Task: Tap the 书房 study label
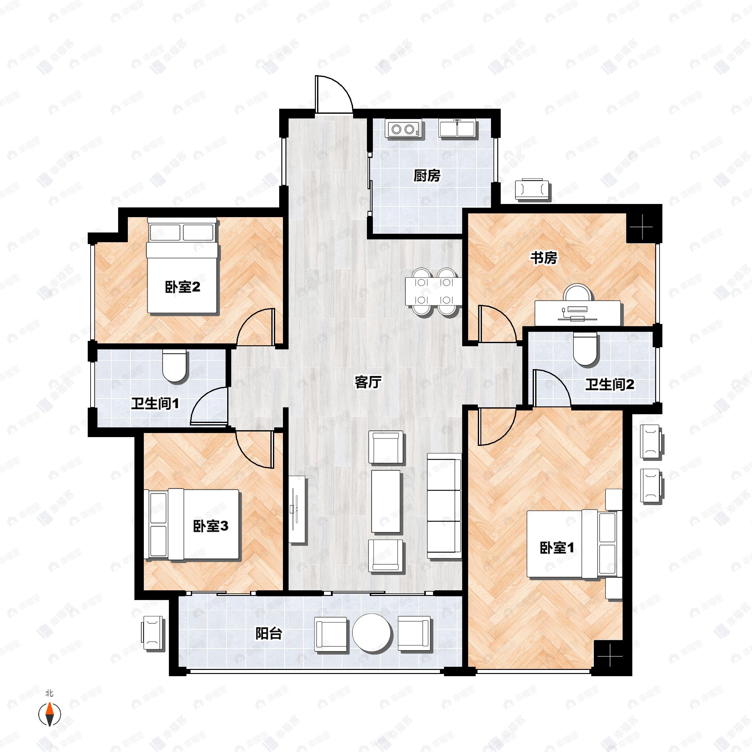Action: click(544, 258)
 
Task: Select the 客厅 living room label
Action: click(368, 382)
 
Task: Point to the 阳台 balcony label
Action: click(269, 634)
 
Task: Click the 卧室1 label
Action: click(556, 548)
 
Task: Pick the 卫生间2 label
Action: click(609, 384)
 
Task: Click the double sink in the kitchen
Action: click(457, 128)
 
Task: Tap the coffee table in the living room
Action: click(386, 501)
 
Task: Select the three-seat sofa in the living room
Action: click(444, 506)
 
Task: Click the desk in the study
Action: click(577, 313)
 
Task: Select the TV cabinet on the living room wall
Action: click(297, 510)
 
